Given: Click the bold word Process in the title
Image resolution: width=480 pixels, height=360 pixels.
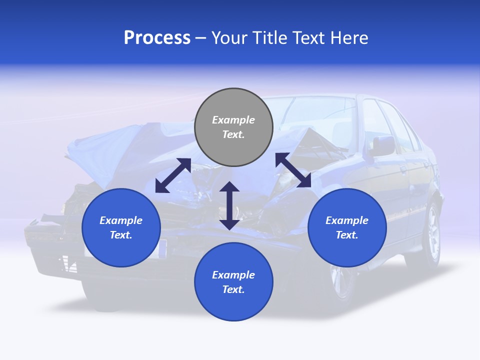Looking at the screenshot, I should (157, 38).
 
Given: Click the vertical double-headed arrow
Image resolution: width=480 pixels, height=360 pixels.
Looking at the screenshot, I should (229, 205).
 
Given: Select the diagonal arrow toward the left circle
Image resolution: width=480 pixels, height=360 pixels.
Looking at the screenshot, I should (173, 175).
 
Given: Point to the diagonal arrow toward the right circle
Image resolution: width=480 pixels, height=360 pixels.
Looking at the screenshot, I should (293, 170).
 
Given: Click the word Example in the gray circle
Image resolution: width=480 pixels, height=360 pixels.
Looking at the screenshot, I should (233, 120).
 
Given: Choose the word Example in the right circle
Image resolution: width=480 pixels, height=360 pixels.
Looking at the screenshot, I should (347, 220).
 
